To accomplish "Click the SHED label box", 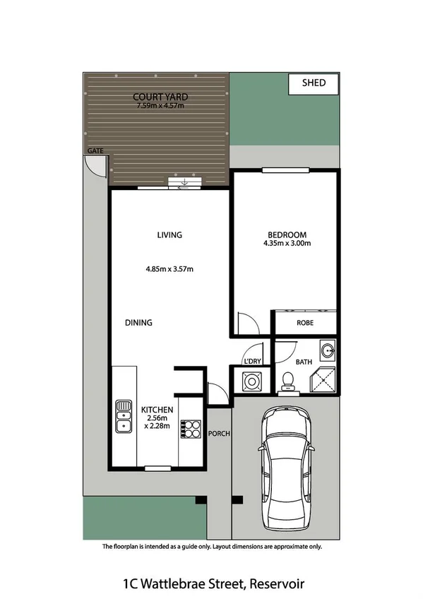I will pos(314,83).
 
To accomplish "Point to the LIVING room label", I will pos(169,235).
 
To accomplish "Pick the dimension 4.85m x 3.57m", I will pos(169,268).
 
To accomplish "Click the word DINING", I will pos(139,323).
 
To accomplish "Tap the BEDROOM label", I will pos(287,235).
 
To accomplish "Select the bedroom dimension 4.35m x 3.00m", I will pos(287,244).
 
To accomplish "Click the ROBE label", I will pos(305,323).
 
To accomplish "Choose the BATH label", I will pos(304,362).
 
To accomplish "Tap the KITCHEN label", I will pos(157,410).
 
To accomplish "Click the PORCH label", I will pos(220,433).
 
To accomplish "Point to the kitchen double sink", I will pos(123,416).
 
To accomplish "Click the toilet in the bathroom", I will pos(287,382).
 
